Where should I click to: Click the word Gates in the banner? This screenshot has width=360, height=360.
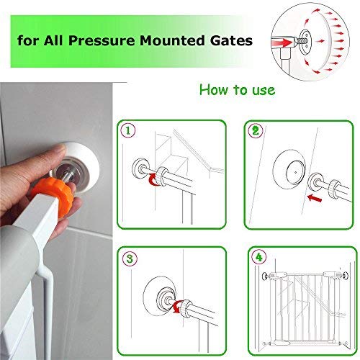(230, 41)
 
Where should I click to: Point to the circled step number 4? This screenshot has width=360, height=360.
(257, 256)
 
